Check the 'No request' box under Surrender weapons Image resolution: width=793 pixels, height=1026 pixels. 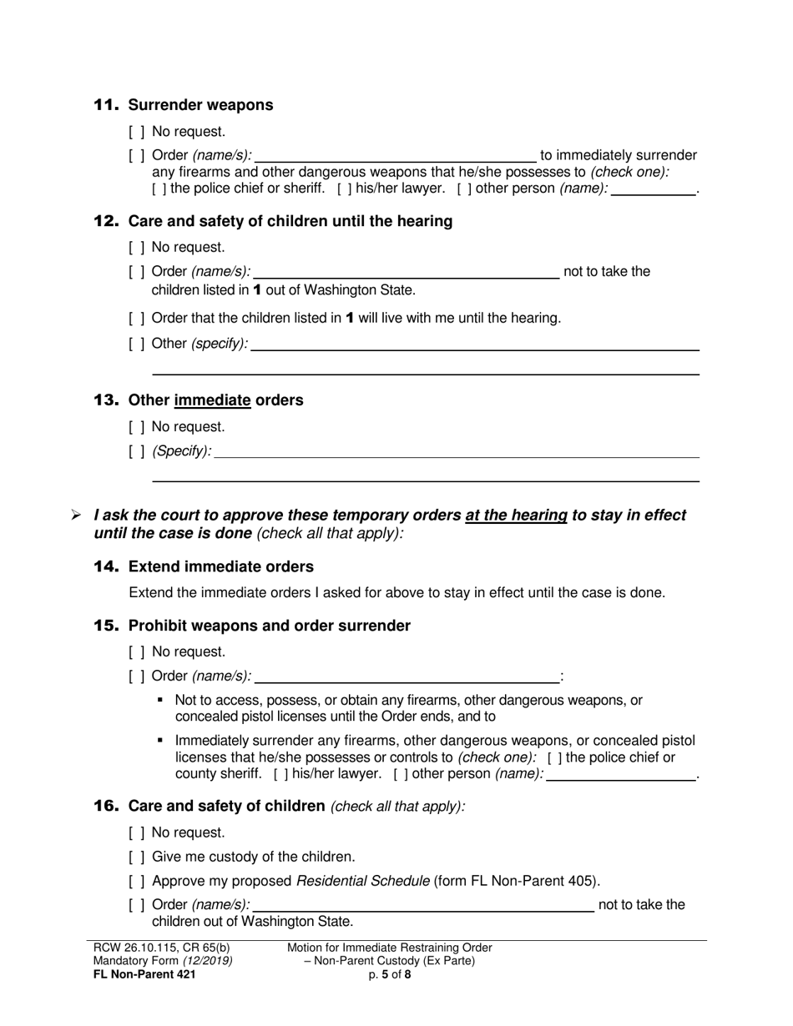pos(137,132)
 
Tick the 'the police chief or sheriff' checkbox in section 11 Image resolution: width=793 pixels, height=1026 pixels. pos(159,189)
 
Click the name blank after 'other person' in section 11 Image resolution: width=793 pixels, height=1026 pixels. pos(654,189)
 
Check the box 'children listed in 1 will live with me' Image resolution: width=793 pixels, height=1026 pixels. pos(137,319)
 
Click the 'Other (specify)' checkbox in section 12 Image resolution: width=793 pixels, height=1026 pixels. pos(137,344)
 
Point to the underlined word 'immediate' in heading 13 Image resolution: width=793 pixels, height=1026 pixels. pos(212,400)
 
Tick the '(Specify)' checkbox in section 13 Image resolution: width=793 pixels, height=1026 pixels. pos(137,452)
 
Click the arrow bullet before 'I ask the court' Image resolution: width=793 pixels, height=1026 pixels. pos(76,516)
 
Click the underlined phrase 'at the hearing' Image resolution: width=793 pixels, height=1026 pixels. pos(516,516)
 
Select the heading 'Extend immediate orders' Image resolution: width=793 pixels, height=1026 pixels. pos(220,567)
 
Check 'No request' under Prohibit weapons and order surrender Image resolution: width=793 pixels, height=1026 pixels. pos(137,652)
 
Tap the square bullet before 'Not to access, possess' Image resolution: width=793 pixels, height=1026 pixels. pos(160,700)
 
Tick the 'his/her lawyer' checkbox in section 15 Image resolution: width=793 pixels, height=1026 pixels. pos(281,774)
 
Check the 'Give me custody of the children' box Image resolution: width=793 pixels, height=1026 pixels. pos(137,857)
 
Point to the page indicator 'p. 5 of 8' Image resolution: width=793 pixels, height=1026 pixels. pos(389,973)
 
